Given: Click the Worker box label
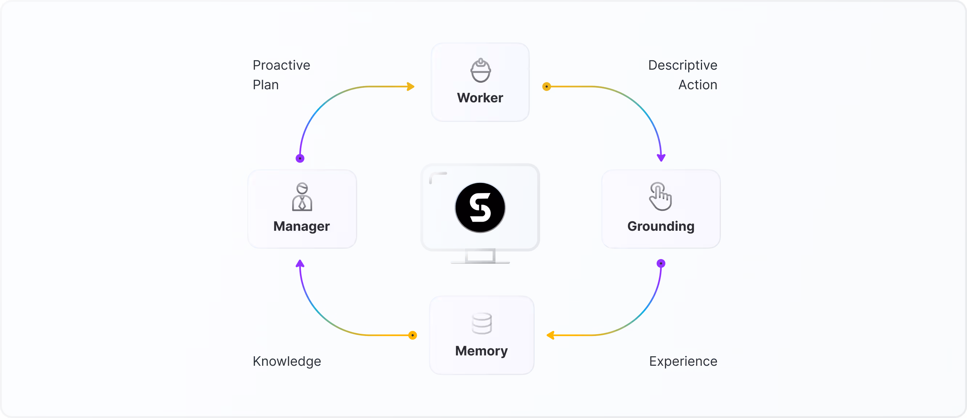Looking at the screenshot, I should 480,98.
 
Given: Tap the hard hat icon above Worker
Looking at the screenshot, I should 481,70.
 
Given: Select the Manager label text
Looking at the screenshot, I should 301,226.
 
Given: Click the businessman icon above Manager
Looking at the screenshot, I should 302,197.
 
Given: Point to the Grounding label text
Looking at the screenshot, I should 661,226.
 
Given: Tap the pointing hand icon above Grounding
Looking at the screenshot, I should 660,196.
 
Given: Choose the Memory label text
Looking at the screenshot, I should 481,351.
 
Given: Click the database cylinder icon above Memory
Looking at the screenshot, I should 482,323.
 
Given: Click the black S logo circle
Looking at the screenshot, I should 480,208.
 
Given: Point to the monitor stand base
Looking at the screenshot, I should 480,262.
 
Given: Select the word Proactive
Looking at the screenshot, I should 282,65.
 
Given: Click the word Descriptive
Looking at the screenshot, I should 682,65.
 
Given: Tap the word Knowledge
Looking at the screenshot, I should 287,361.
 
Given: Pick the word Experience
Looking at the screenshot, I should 683,361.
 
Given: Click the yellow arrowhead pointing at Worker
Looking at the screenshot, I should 411,87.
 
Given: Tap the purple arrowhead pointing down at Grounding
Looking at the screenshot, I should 661,157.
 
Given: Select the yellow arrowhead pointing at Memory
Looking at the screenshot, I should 550,335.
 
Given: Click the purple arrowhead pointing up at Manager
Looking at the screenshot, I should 299,264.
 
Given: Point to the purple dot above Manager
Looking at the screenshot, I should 300,158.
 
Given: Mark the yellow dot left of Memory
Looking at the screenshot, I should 413,335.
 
